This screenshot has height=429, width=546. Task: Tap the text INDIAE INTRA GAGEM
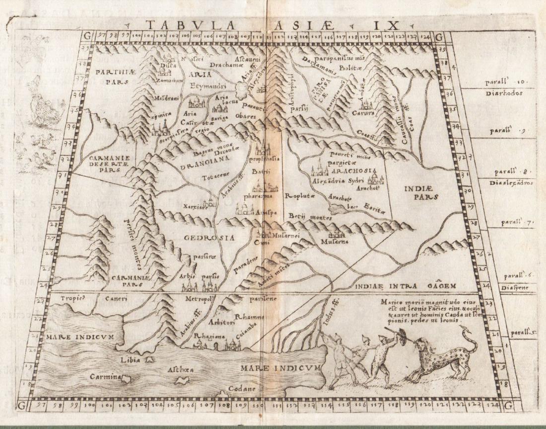coord(405,286)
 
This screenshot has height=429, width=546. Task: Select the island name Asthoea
coord(181,370)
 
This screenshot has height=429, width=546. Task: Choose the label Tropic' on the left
coord(74,299)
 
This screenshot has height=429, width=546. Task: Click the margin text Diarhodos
coord(503,93)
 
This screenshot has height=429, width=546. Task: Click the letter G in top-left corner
coord(88,36)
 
